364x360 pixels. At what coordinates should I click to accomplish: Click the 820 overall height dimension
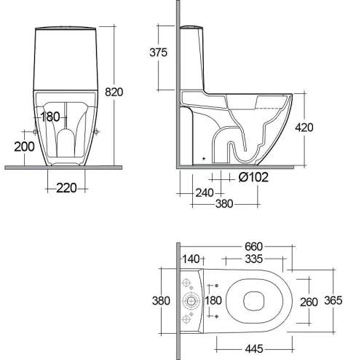114,92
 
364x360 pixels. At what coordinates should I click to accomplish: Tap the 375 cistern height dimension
158,52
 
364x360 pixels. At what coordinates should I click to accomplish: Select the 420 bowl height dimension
304,128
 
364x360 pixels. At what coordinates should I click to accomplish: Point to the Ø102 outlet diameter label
253,177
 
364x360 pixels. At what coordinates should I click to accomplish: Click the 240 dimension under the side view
205,193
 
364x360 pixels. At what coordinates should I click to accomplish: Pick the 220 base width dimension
66,188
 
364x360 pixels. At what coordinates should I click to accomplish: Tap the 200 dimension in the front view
24,146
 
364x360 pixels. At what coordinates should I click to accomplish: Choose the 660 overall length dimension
253,246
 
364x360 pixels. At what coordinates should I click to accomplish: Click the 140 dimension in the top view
191,259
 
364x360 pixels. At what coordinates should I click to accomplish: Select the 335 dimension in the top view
253,259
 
